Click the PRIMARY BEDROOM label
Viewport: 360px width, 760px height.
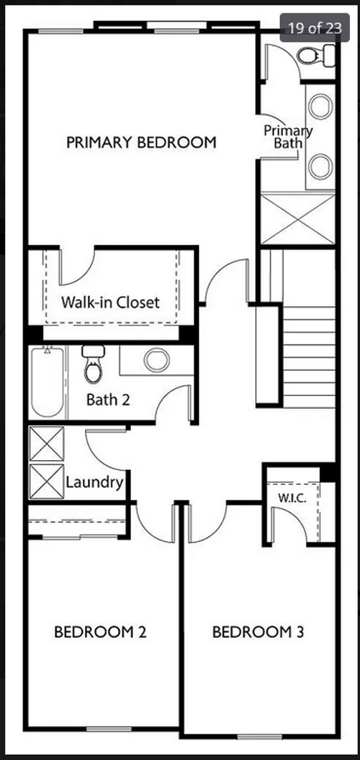click(x=141, y=142)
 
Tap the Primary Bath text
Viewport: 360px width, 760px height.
click(x=288, y=137)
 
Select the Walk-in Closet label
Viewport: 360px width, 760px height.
click(x=110, y=303)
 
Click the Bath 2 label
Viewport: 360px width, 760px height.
click(x=108, y=400)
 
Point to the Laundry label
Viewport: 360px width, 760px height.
click(x=94, y=483)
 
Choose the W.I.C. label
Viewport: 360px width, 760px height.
click(x=290, y=497)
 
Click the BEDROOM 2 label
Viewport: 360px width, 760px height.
click(x=100, y=632)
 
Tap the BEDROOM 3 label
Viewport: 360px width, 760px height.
click(x=258, y=632)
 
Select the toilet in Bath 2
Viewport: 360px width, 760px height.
click(x=92, y=365)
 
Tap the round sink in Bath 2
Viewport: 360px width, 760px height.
click(x=156, y=360)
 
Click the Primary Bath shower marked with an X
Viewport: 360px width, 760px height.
click(x=298, y=219)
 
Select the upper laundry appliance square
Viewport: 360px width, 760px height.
click(x=46, y=443)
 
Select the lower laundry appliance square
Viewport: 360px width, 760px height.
click(x=46, y=481)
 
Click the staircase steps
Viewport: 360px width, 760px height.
click(x=309, y=356)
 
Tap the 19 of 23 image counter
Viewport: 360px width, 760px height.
click(x=315, y=28)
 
